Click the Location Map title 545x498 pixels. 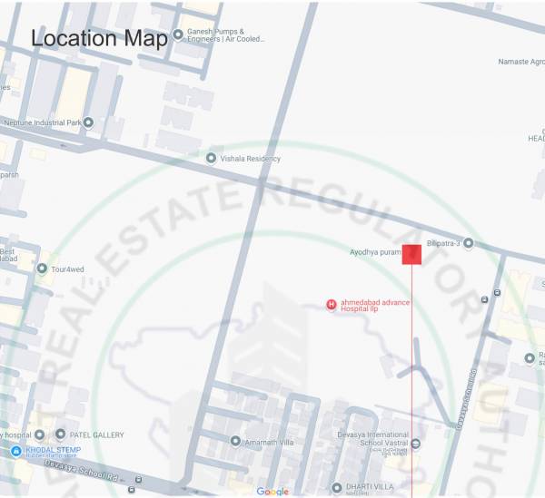pyautogui.click(x=100, y=39)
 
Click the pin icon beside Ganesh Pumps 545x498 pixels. pyautogui.click(x=178, y=34)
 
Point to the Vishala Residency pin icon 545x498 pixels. pyautogui.click(x=212, y=159)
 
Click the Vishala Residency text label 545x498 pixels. pyautogui.click(x=252, y=159)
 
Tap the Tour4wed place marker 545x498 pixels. pyautogui.click(x=42, y=269)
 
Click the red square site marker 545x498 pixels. pyautogui.click(x=411, y=254)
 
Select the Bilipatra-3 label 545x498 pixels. pyautogui.click(x=444, y=243)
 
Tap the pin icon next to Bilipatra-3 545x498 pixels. pyautogui.click(x=469, y=243)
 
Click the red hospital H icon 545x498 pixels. pyautogui.click(x=332, y=304)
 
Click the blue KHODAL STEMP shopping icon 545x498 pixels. pyautogui.click(x=15, y=451)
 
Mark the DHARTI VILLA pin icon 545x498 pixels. pyautogui.click(x=336, y=488)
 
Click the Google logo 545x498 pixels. pyautogui.click(x=272, y=491)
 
